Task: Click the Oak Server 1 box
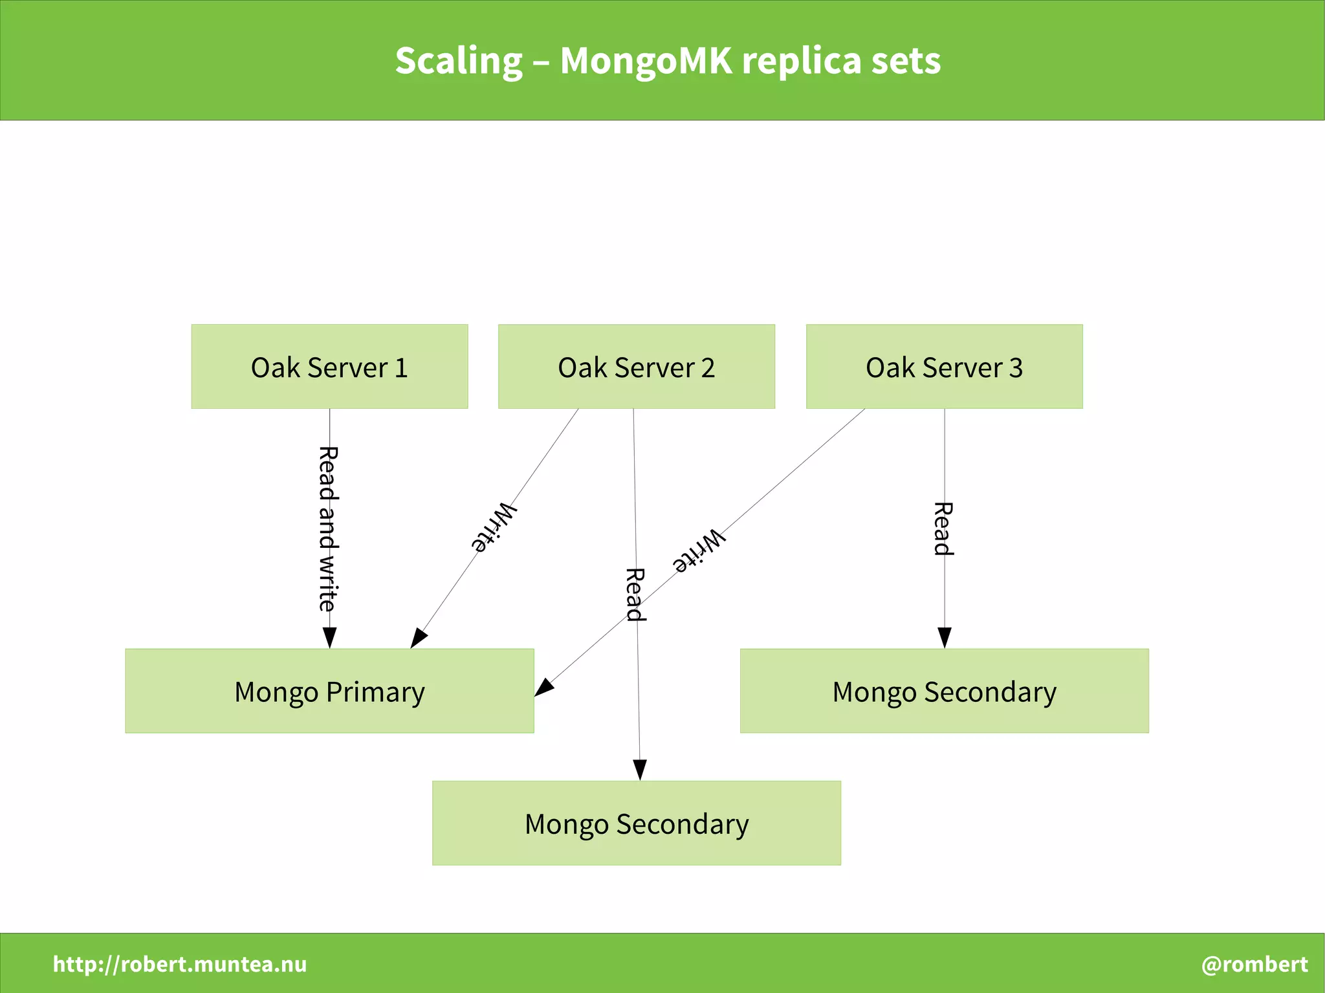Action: click(x=329, y=366)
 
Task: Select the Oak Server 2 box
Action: click(x=636, y=366)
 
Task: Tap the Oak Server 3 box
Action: click(x=944, y=366)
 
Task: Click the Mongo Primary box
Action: click(x=329, y=691)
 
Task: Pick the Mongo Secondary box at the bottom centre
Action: click(x=636, y=823)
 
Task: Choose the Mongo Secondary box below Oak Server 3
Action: click(x=944, y=691)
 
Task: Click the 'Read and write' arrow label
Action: click(x=328, y=529)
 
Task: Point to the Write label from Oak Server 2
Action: click(x=494, y=527)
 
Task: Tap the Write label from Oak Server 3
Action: click(x=699, y=551)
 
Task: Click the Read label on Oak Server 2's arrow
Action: click(x=635, y=594)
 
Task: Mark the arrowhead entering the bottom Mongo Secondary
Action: click(x=640, y=770)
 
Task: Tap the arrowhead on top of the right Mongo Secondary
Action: click(x=945, y=638)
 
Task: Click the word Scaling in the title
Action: click(x=458, y=61)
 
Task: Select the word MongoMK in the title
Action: click(x=646, y=61)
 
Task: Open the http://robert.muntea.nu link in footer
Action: click(x=180, y=964)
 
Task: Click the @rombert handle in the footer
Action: click(x=1254, y=964)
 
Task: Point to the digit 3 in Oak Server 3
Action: click(x=1016, y=367)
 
